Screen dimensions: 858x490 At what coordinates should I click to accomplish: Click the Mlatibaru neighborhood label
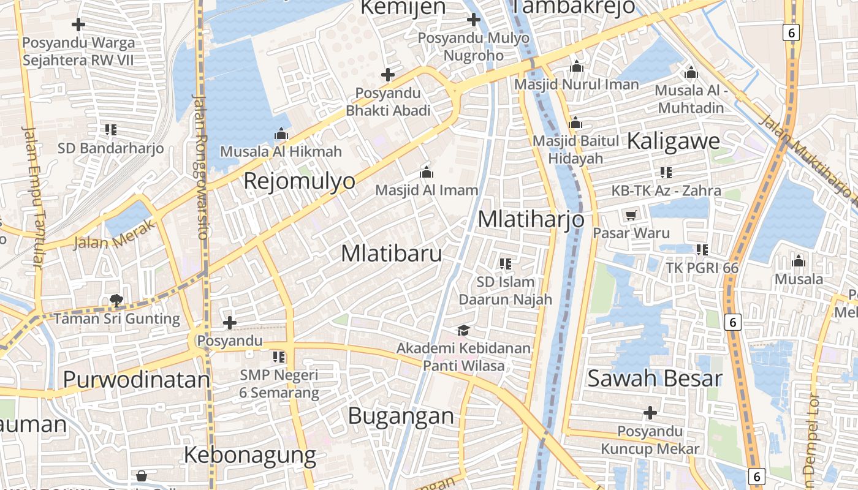pyautogui.click(x=391, y=253)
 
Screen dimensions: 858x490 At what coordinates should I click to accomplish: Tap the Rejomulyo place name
pyautogui.click(x=299, y=181)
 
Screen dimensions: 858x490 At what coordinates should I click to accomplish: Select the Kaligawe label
pyautogui.click(x=673, y=141)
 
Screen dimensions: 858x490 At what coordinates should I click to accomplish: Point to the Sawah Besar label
pyautogui.click(x=655, y=378)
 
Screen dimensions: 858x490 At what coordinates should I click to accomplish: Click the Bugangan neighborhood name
pyautogui.click(x=401, y=416)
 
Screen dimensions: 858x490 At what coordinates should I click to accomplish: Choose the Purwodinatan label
pyautogui.click(x=136, y=380)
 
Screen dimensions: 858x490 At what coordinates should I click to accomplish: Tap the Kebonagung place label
pyautogui.click(x=249, y=455)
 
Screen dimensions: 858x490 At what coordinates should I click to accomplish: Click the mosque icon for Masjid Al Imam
pyautogui.click(x=427, y=172)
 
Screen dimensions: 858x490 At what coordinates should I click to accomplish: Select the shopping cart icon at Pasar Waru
pyautogui.click(x=631, y=215)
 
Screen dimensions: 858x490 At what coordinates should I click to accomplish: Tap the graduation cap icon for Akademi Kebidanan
pyautogui.click(x=463, y=330)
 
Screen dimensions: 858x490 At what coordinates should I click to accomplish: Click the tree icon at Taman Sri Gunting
pyautogui.click(x=116, y=300)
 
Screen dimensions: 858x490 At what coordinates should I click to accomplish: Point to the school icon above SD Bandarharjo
pyautogui.click(x=110, y=130)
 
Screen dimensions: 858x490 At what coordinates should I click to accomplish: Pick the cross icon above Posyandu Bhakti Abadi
pyautogui.click(x=387, y=75)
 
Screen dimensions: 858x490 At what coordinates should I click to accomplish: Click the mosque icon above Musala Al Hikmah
pyautogui.click(x=281, y=134)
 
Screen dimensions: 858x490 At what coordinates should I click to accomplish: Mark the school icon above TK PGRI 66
pyautogui.click(x=702, y=250)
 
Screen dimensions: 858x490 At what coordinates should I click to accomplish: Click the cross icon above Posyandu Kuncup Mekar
pyautogui.click(x=650, y=413)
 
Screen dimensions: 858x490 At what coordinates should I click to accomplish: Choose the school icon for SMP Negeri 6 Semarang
pyautogui.click(x=279, y=356)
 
